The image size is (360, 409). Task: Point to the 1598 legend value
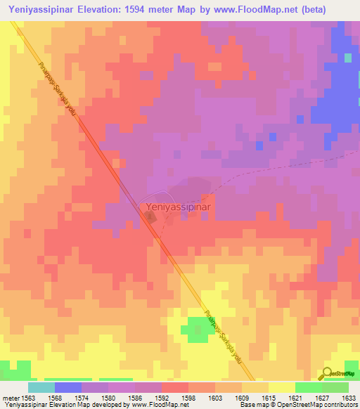[x=188, y=397]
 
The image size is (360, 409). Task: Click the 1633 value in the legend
[x=348, y=397]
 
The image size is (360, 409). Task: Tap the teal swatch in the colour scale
[x=41, y=387]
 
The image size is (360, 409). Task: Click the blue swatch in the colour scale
[x=68, y=387]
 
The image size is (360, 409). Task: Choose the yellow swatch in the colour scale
[x=281, y=387]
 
